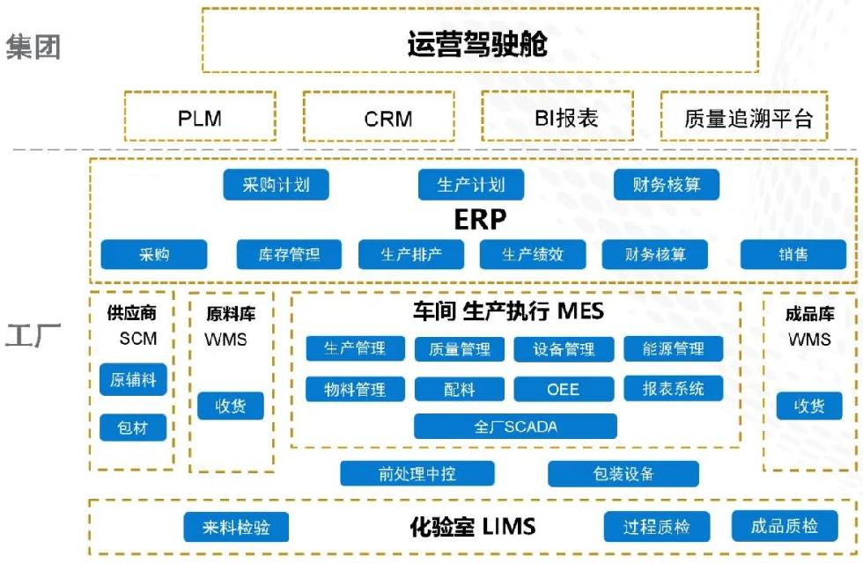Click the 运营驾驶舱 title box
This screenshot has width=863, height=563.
coord(479,40)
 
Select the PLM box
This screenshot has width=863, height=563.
coord(199,116)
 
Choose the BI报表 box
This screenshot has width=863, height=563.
coord(557,116)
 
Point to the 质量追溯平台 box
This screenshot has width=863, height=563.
coord(744,116)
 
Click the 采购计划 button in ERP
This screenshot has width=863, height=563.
coord(276,185)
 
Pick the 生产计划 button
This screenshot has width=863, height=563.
coord(471,185)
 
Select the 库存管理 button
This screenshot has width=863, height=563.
coord(289,254)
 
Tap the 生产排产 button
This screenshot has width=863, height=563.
coord(411,254)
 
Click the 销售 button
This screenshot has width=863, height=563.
coord(793,254)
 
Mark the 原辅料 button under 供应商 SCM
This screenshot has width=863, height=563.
coord(133,379)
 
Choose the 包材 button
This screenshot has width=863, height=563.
coord(133,428)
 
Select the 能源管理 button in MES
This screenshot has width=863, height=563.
coord(674,348)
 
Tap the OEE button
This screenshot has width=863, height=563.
coord(564,388)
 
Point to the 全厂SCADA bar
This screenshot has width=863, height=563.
coord(515,427)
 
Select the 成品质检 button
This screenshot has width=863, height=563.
coord(784,526)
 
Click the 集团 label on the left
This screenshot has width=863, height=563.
coord(33,47)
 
